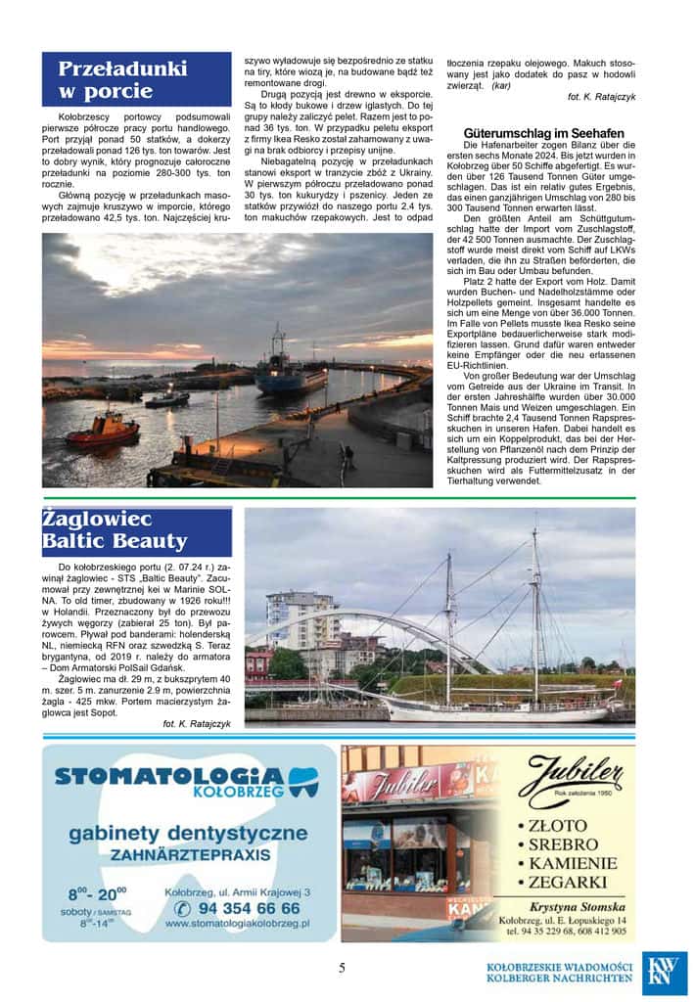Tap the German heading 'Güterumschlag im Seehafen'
click(543, 133)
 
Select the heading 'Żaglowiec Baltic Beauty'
click(116, 531)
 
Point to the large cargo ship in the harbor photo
click(290, 373)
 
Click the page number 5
click(342, 968)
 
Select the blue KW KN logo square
click(665, 974)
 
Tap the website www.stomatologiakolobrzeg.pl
click(237, 923)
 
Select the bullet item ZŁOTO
click(564, 825)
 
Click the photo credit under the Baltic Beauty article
click(197, 723)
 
